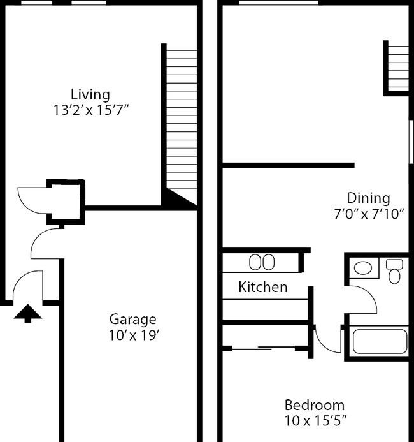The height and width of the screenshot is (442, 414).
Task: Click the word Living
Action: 90,95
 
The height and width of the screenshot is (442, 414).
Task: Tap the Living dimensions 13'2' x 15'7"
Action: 90,110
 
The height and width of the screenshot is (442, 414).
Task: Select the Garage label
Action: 132,320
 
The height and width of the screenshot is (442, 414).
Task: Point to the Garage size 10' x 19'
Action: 134,335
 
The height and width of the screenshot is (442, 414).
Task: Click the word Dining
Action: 368,199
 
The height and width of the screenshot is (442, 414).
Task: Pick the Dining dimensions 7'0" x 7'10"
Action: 369,214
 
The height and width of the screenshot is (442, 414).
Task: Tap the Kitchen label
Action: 263,287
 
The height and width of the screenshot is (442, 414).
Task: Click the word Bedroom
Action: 315,406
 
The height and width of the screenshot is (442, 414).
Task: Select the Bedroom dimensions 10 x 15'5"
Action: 315,421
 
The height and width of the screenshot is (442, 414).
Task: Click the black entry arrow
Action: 27,313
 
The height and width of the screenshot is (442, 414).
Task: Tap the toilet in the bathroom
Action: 394,272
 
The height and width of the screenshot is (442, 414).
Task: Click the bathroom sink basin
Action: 362,268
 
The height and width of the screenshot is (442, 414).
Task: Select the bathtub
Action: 380,341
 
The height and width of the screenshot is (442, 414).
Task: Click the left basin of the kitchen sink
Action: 255,262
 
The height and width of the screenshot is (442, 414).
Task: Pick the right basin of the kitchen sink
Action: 269,262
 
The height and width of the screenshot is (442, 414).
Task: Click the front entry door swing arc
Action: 22,277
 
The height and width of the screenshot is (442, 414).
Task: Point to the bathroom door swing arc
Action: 369,293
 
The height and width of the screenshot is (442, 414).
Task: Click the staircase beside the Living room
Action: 182,124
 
